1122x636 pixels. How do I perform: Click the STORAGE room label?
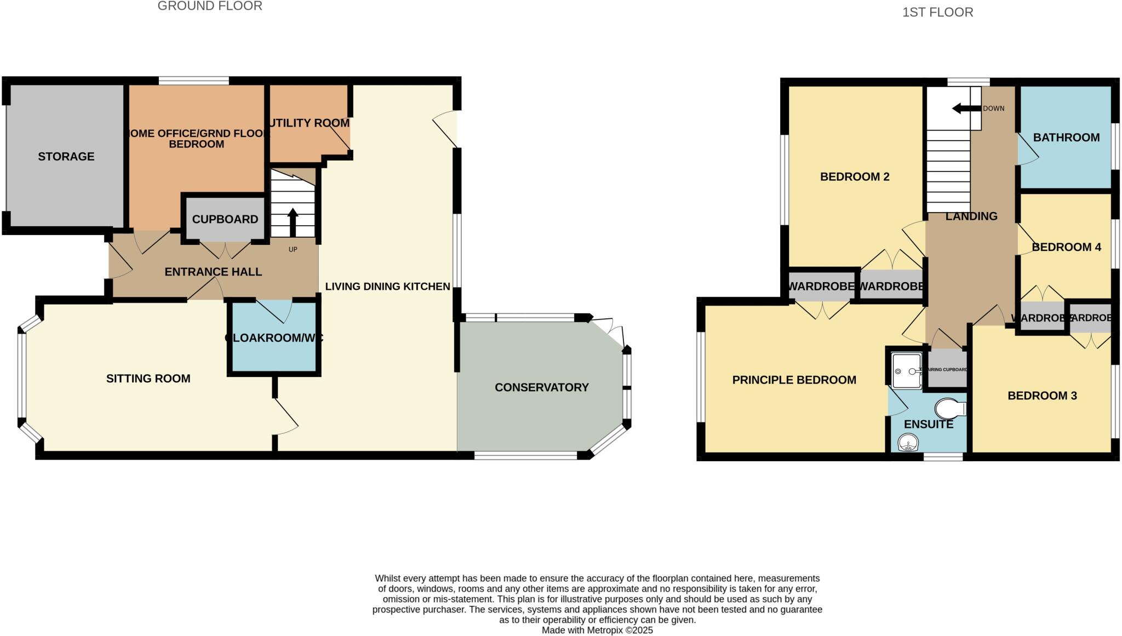[x=66, y=157]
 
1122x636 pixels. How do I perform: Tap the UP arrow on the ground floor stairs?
[x=293, y=222]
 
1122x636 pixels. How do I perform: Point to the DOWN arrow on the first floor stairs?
[x=965, y=108]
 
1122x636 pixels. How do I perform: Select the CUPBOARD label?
[x=225, y=219]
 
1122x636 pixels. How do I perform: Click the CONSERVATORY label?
[x=541, y=387]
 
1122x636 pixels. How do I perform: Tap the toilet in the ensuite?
[x=950, y=409]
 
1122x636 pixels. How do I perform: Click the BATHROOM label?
[x=1066, y=137]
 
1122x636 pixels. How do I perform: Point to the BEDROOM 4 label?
[x=1066, y=247]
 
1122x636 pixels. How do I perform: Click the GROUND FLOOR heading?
[x=210, y=6]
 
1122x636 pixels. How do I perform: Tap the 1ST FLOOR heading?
[x=937, y=12]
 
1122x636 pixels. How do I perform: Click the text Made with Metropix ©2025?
[x=597, y=630]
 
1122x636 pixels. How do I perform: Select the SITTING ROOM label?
[x=148, y=379]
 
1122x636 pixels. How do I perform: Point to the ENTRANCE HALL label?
[x=213, y=272]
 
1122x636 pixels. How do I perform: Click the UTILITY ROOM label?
[x=310, y=123]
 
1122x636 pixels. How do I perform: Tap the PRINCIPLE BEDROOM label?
[x=794, y=380]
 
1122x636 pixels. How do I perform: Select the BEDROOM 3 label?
[x=1041, y=396]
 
